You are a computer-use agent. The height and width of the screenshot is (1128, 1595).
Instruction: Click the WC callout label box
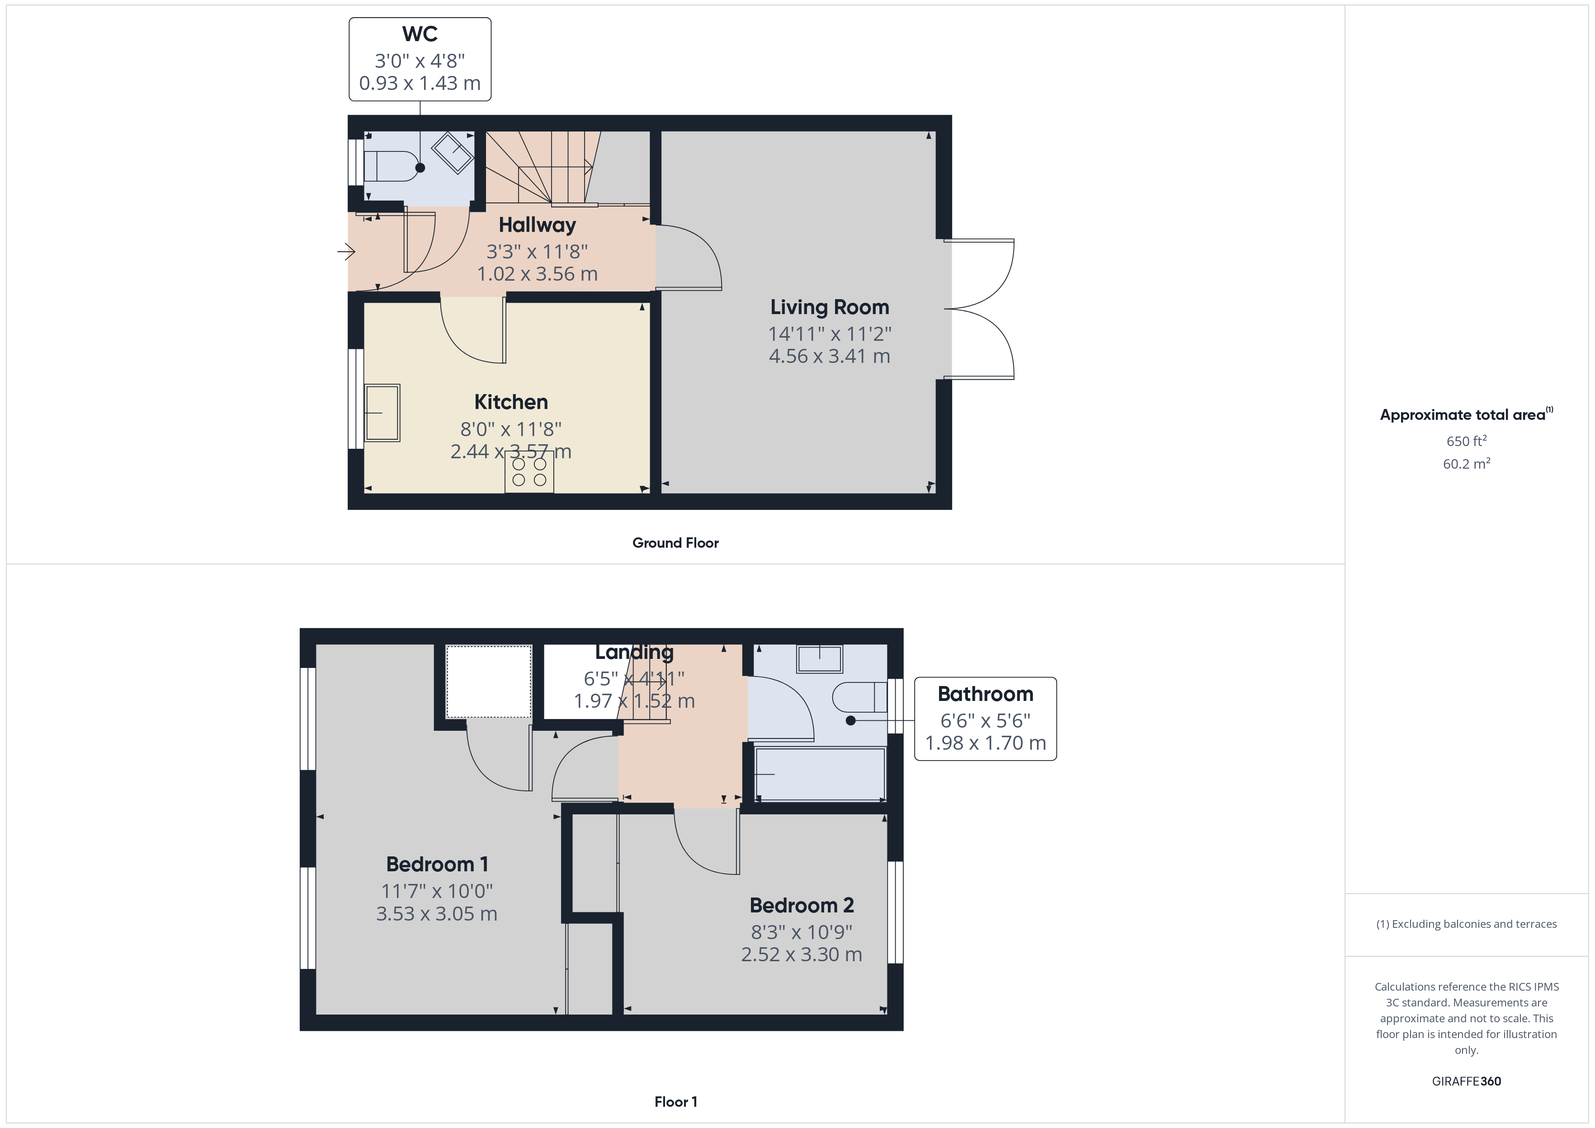[420, 59]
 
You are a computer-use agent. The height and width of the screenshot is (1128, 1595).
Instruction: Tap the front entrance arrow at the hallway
[346, 251]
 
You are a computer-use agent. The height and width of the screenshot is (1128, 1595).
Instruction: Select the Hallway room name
[537, 225]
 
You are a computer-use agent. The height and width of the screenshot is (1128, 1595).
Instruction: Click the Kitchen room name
[510, 402]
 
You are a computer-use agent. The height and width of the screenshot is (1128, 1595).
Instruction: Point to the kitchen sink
[382, 413]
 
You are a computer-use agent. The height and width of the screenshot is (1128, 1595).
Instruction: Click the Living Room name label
[830, 307]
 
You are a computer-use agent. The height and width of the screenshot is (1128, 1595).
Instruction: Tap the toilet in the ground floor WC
[388, 167]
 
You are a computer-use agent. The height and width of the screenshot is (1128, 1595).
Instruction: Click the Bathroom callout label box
[985, 719]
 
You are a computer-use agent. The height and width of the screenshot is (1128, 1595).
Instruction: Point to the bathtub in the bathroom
[820, 775]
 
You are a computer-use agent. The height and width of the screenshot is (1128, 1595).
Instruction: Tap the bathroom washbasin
[820, 658]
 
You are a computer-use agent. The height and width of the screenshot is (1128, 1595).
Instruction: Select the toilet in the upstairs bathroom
[860, 697]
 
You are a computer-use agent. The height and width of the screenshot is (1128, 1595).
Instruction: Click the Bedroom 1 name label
[437, 865]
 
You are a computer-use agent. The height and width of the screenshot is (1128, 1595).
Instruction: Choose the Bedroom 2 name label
[802, 906]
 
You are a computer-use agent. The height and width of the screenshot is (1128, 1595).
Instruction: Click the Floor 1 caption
[675, 1102]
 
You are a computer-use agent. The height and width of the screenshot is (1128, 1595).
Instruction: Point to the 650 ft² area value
[1466, 441]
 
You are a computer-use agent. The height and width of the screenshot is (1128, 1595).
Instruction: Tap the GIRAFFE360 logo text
[1466, 1081]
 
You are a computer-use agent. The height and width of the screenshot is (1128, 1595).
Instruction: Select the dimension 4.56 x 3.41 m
[830, 356]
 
